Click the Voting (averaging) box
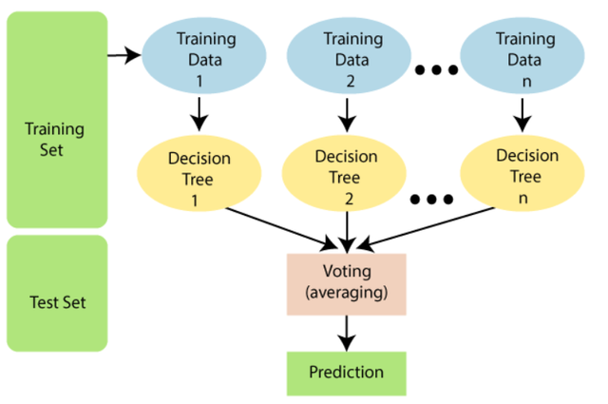click(x=346, y=283)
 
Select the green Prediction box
click(x=346, y=372)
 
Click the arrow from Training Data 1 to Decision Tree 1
click(x=199, y=115)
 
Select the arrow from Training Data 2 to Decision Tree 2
click(x=346, y=115)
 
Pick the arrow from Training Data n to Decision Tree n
click(x=521, y=115)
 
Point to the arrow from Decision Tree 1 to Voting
click(x=275, y=225)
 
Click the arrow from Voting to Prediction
click(x=346, y=332)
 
